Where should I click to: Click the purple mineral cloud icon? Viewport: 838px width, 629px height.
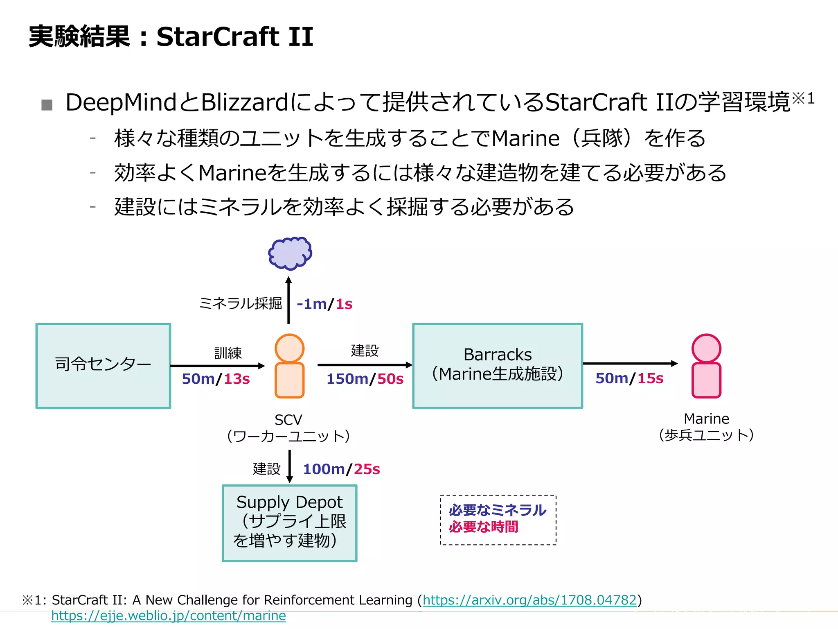pyautogui.click(x=290, y=253)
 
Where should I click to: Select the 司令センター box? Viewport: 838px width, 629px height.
pyautogui.click(x=103, y=366)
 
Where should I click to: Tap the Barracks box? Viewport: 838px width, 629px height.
pyautogui.click(x=498, y=366)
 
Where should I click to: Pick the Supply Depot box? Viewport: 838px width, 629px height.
pyautogui.click(x=290, y=523)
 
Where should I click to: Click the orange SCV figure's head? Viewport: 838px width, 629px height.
pyautogui.click(x=289, y=348)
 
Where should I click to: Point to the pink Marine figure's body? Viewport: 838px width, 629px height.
pyautogui.click(x=706, y=380)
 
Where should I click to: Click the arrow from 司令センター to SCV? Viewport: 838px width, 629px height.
pyautogui.click(x=217, y=366)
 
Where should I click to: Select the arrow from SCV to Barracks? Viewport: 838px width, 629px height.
pyautogui.click(x=365, y=365)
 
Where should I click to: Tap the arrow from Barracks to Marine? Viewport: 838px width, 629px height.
pyautogui.click(x=630, y=363)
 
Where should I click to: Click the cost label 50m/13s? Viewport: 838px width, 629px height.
pyautogui.click(x=216, y=379)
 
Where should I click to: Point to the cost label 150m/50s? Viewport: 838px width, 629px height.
pyautogui.click(x=365, y=379)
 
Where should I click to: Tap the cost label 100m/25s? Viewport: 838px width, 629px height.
pyautogui.click(x=341, y=469)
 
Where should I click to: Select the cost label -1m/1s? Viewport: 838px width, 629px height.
pyautogui.click(x=324, y=304)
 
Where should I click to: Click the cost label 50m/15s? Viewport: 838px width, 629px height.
pyautogui.click(x=629, y=378)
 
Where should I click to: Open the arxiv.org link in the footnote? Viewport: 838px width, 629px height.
pyautogui.click(x=529, y=600)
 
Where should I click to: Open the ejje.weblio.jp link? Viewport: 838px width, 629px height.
pyautogui.click(x=169, y=615)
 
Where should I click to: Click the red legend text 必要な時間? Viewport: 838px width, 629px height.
pyautogui.click(x=483, y=527)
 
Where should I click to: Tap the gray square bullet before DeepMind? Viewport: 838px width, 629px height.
pyautogui.click(x=47, y=105)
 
